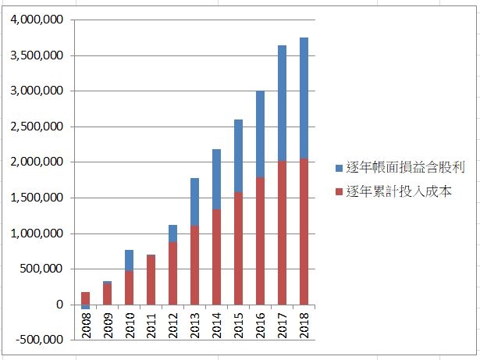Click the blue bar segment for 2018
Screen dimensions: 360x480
tap(304, 98)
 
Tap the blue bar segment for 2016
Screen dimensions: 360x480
tap(260, 134)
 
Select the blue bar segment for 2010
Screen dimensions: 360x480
tap(129, 260)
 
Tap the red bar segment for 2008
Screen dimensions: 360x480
tap(85, 298)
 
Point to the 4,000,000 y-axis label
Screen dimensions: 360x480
tap(37, 20)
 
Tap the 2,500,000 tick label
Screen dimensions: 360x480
tap(37, 127)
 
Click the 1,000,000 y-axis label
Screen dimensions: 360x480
tap(37, 233)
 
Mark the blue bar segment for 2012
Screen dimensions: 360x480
tap(172, 233)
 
